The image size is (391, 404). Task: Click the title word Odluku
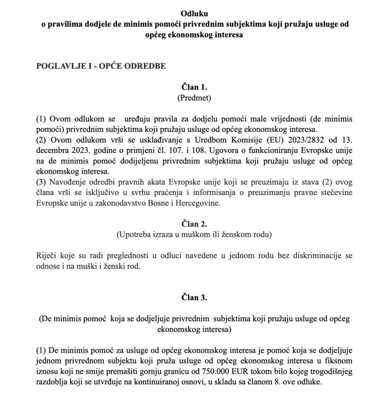click(195, 15)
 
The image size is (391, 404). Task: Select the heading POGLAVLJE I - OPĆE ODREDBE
click(101, 66)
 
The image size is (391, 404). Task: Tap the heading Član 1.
click(195, 86)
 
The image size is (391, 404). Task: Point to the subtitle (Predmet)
click(195, 97)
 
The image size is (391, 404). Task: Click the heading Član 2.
click(195, 224)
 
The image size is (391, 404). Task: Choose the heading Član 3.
click(195, 297)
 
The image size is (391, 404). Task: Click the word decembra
click(53, 151)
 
